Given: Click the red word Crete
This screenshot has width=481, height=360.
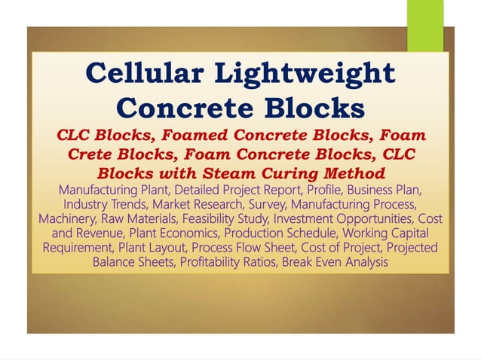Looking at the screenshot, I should pos(96,154).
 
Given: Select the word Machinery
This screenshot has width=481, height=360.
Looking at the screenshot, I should pos(66,218).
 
